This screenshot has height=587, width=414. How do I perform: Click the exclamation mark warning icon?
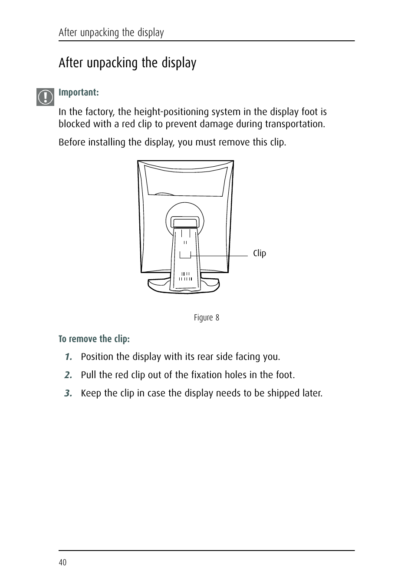point(45,97)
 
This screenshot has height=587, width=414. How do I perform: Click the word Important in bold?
point(78,92)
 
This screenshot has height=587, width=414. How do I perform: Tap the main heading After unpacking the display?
point(127,63)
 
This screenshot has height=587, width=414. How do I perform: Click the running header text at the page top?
point(111,33)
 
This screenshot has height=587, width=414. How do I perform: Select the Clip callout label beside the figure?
point(259,253)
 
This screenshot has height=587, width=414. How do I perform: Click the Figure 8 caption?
point(206,317)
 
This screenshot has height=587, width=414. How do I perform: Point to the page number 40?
point(62,562)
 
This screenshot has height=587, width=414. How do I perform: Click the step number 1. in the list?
point(68,357)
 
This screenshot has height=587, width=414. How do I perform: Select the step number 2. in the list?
point(68,375)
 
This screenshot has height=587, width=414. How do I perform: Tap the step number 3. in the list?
point(68,393)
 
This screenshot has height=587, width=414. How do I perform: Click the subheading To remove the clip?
point(94,339)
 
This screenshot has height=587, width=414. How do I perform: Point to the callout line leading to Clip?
point(219,256)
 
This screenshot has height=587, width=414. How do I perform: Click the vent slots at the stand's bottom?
point(186,277)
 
